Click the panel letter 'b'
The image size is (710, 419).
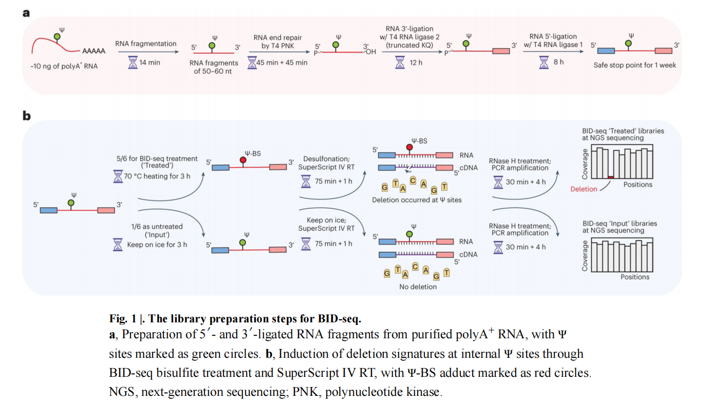tap(26, 116)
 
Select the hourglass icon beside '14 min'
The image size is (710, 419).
tap(133, 63)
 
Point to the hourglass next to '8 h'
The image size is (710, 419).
tap(545, 63)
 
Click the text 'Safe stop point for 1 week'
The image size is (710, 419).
tap(634, 65)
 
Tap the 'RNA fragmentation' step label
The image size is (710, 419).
tap(145, 44)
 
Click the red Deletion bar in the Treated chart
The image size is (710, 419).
tap(610, 177)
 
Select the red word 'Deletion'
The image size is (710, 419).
tap(584, 189)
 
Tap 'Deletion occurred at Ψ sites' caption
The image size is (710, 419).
tap(417, 199)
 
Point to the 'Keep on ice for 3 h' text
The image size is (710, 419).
tap(157, 245)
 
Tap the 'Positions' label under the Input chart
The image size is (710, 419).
tap(634, 277)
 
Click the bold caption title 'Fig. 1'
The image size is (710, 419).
tap(123, 317)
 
